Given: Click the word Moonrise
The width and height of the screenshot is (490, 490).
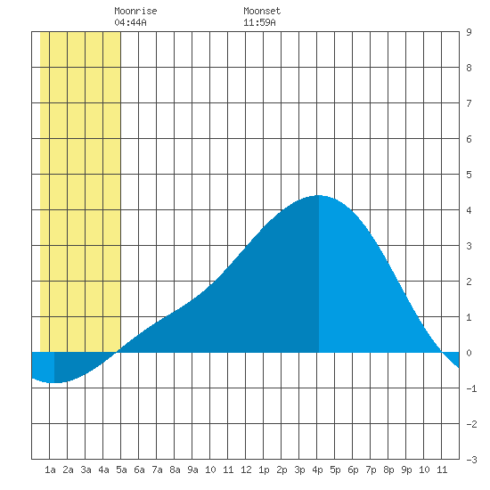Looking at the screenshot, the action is point(135,11).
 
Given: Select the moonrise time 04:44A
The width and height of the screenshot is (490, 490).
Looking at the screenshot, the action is point(130,22).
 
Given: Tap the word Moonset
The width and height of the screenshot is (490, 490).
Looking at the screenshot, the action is point(262,11).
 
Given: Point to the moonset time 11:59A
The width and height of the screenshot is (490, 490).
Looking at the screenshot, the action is point(259,22).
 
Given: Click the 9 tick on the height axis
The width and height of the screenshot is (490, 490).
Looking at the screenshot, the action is point(469,32).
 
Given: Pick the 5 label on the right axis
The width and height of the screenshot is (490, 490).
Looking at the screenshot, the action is point(469,175).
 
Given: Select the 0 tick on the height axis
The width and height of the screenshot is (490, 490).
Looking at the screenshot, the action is point(469,353).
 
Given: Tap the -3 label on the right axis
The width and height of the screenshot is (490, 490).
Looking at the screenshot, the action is point(471,460).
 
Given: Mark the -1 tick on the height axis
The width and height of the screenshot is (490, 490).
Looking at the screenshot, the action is point(471,388).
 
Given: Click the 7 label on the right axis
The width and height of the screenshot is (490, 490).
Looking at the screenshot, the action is point(469,103).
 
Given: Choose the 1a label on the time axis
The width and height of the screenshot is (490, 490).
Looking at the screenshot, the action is point(50,470).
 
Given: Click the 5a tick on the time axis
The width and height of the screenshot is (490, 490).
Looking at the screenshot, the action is point(121,470).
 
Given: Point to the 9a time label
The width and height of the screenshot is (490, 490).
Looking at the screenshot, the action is point(192,470).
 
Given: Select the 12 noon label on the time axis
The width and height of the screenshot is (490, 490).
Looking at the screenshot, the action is point(246,470).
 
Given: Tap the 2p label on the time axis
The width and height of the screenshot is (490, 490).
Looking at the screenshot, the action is point(282,470).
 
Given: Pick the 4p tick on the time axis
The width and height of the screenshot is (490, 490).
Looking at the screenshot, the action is point(317,470).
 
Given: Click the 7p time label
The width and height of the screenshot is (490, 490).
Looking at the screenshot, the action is point(371,470).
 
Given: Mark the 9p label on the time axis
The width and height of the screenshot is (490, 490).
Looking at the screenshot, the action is point(406,470).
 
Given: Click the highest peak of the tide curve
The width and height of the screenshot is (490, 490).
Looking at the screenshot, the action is point(319,196).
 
